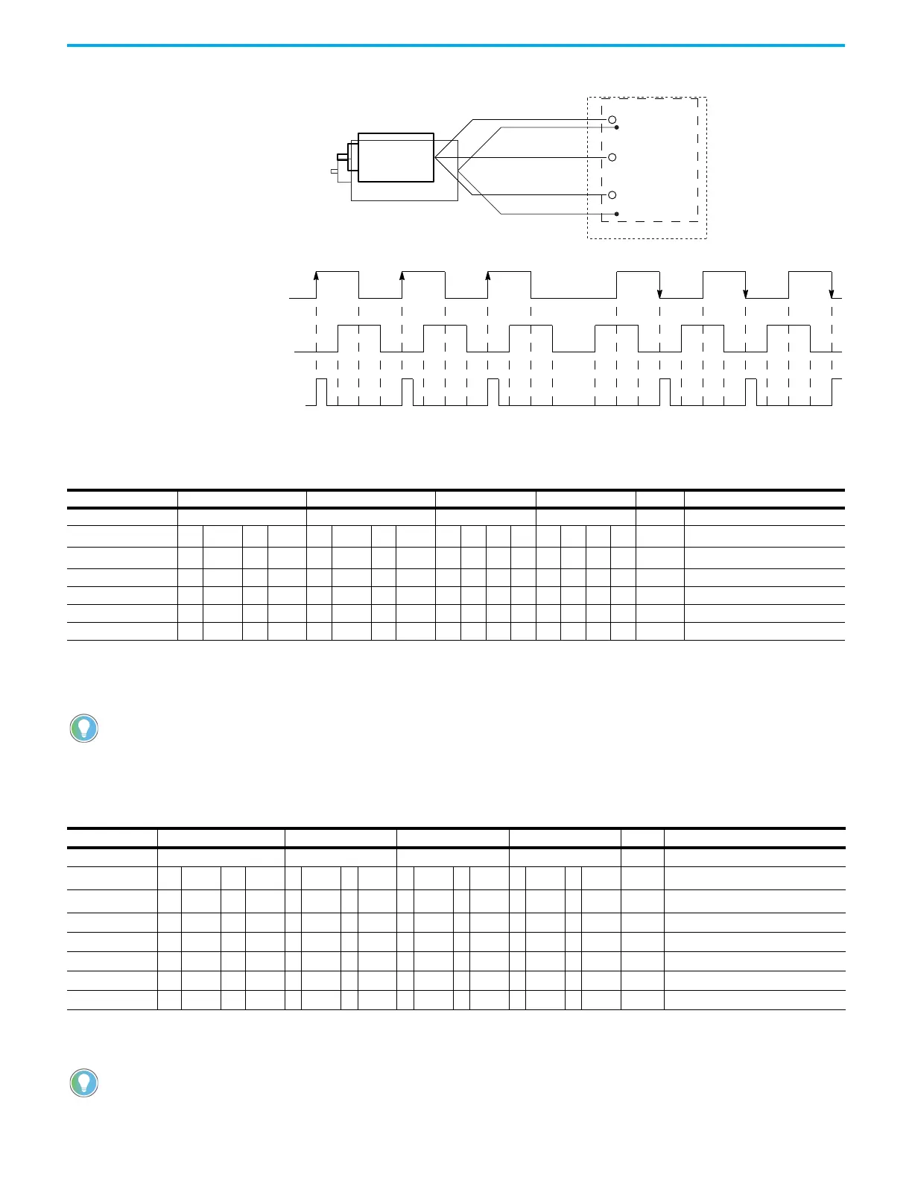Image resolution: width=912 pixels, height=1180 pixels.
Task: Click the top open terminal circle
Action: click(612, 119)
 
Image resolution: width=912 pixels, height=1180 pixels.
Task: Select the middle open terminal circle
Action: click(612, 157)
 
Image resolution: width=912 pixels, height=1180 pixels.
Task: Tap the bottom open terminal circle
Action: click(612, 195)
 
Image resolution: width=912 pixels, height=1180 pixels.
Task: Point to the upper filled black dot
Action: click(617, 127)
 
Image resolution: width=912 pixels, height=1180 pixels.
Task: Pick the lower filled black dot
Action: click(617, 214)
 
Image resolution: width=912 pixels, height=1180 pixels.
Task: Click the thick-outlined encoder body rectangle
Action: click(396, 157)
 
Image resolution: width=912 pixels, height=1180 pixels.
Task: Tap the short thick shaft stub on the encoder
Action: click(342, 156)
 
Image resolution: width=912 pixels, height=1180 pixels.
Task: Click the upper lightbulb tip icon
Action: click(84, 728)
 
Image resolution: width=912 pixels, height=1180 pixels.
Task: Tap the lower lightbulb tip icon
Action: click(84, 1082)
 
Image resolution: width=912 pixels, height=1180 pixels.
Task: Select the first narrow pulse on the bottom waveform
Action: click(322, 392)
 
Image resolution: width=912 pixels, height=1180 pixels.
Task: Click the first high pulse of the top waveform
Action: click(338, 284)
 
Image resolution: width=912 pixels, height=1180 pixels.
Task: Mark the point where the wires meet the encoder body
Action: click(435, 158)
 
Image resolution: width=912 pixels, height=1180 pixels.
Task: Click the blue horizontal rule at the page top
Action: click(456, 45)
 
